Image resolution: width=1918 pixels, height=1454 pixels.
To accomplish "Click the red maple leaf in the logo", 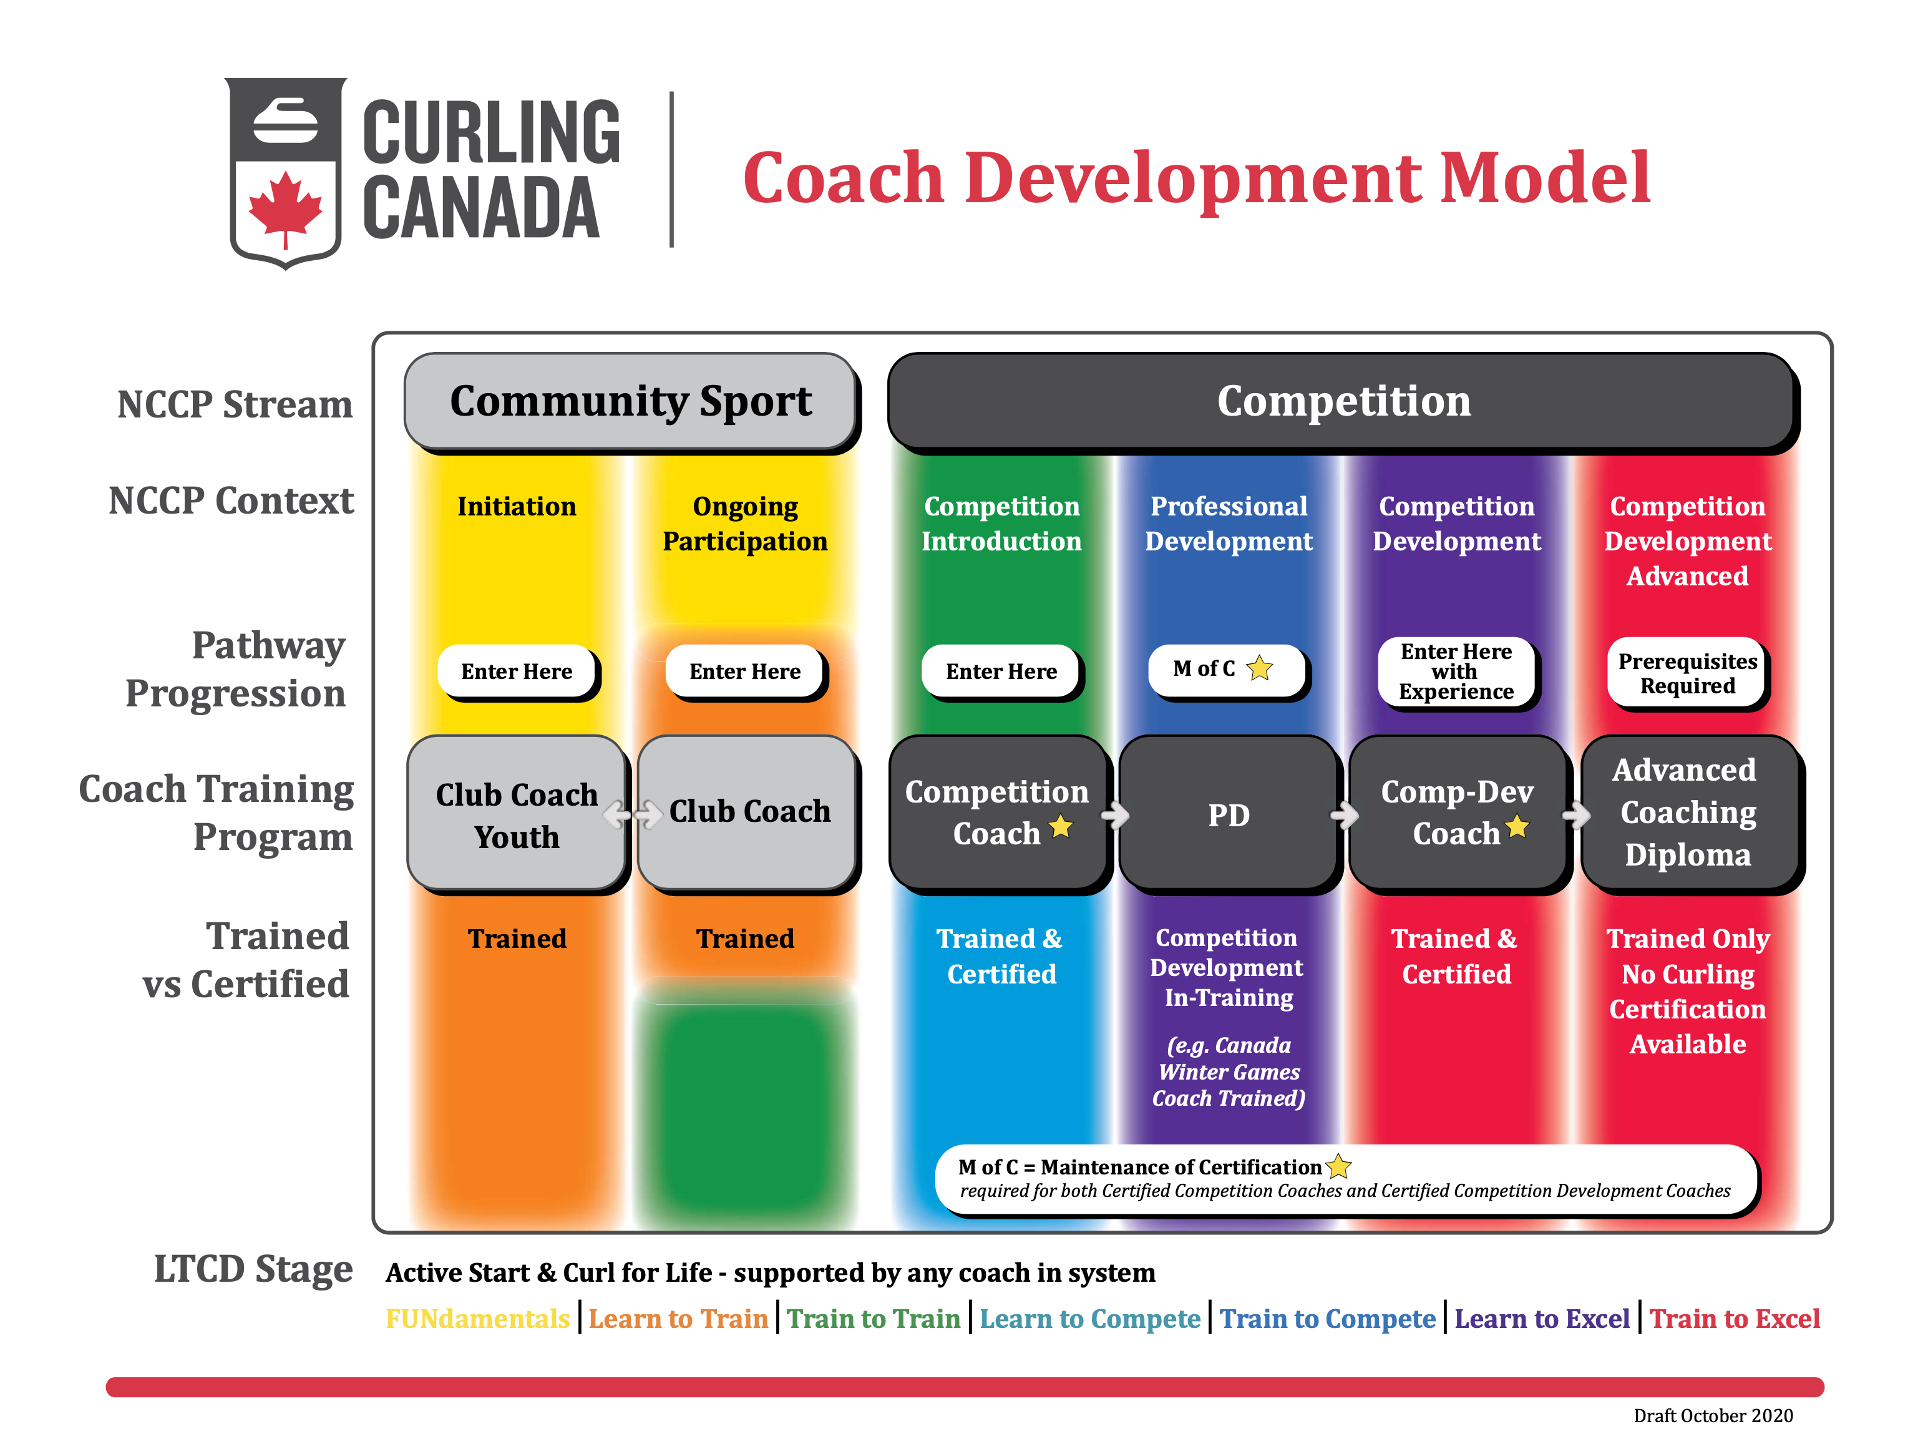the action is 285,212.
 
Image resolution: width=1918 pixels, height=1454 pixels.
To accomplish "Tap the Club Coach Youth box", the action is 517,813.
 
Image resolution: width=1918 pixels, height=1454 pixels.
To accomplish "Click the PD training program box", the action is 1228,813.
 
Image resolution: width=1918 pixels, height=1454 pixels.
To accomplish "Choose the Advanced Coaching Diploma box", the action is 1689,813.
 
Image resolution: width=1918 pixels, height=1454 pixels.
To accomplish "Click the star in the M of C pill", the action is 1260,668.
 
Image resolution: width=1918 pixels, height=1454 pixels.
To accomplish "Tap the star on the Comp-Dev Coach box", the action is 1517,826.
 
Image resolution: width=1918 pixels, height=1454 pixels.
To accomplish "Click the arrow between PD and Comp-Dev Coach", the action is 1345,815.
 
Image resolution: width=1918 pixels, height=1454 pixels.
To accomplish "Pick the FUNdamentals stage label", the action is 478,1319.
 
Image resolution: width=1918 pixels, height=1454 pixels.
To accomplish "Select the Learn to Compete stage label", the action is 1090,1319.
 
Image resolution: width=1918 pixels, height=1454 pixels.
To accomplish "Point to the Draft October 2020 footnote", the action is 1713,1416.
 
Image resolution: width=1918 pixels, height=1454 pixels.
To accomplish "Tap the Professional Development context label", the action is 1229,524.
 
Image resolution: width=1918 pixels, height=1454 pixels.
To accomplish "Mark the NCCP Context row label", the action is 231,501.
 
